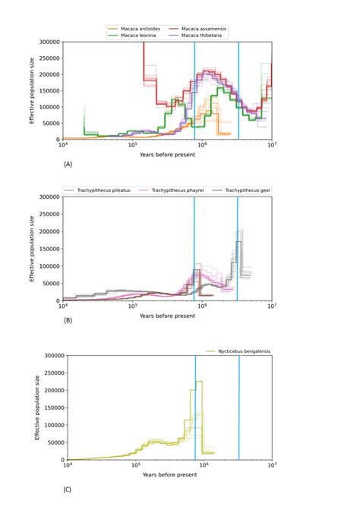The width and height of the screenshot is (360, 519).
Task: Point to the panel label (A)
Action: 68,164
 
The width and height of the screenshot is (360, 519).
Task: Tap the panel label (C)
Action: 68,489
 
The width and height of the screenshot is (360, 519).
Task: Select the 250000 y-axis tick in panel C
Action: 52,373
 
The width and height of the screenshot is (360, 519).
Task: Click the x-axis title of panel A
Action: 166,154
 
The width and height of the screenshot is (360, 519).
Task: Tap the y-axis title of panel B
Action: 33,248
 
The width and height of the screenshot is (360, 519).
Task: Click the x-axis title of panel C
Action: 169,474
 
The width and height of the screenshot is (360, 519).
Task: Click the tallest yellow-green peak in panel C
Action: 198,382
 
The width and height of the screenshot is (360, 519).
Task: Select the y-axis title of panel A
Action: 33,91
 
